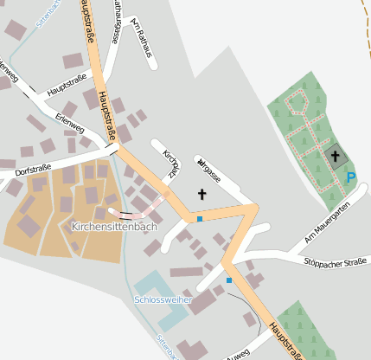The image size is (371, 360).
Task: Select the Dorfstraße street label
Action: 34,167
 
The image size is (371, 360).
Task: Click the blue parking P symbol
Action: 350,177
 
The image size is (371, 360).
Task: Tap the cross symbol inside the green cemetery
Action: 335,157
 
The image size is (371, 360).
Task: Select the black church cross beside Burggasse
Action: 202,195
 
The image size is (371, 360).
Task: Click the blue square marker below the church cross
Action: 199,219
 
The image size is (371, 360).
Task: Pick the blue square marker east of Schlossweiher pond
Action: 228,280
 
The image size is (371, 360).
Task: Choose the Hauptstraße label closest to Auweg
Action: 288,339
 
